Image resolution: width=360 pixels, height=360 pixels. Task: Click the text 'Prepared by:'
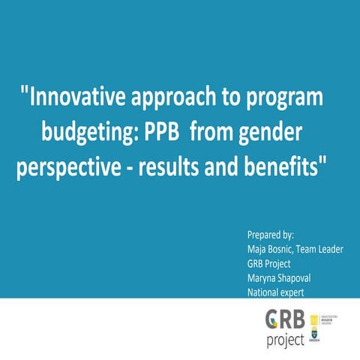(271, 234)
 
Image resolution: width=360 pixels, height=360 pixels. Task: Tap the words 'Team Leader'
(323, 248)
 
